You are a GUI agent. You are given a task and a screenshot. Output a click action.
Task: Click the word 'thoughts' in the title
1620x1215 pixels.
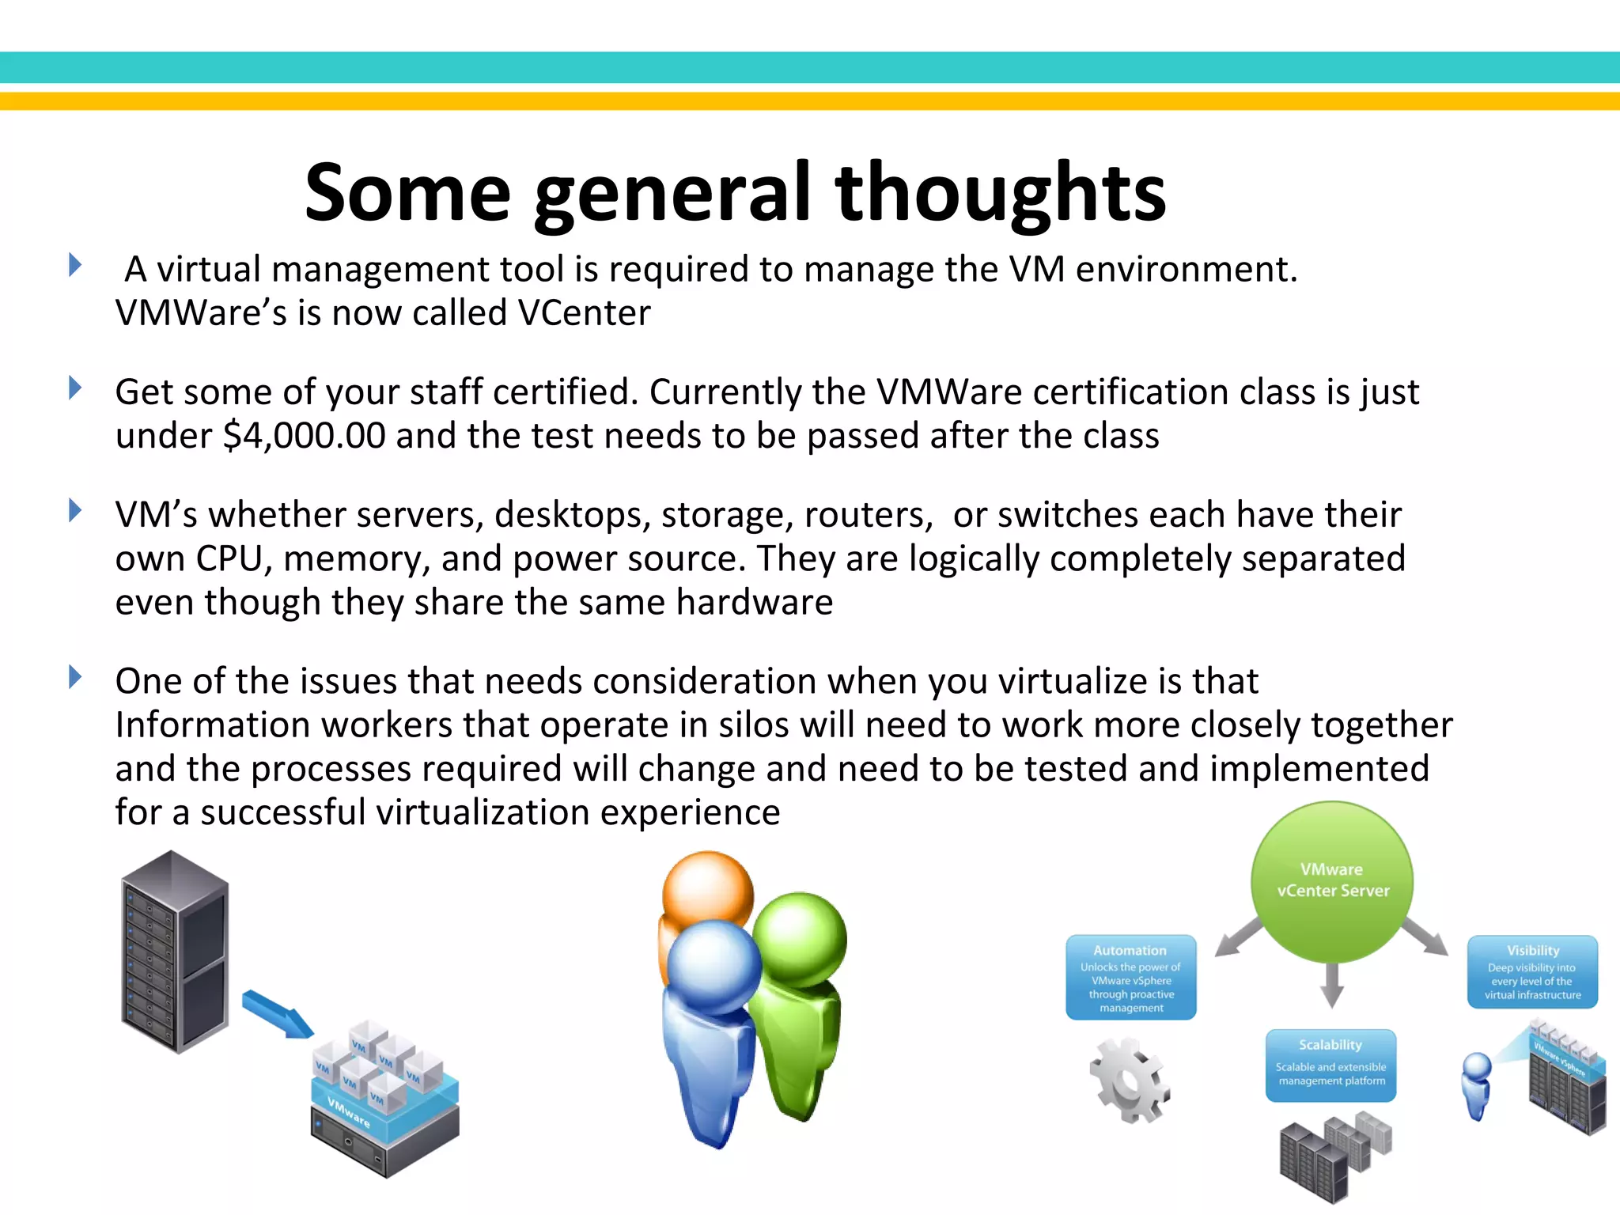[1000, 193]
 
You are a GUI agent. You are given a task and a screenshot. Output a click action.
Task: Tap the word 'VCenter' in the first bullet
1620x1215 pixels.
[584, 313]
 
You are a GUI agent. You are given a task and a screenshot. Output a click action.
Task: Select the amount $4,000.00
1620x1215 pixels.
[305, 436]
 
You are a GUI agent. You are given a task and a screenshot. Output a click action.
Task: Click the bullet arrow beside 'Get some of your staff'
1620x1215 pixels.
[75, 388]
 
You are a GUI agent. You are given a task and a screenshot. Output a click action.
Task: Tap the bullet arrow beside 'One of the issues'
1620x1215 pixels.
[75, 677]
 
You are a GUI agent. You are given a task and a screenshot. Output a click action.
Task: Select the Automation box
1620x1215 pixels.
[1130, 978]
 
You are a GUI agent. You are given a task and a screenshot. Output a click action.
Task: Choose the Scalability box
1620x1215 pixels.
[1330, 1065]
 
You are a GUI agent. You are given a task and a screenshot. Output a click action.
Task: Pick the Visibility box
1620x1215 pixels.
[1532, 972]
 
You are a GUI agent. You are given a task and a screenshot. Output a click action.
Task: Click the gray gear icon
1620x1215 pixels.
[1130, 1081]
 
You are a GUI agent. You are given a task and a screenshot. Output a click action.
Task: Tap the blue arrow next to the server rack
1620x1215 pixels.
[277, 1013]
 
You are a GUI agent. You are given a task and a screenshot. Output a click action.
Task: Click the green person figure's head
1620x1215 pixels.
[801, 939]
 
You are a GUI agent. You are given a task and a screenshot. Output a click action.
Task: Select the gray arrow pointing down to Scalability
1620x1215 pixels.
[1332, 984]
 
